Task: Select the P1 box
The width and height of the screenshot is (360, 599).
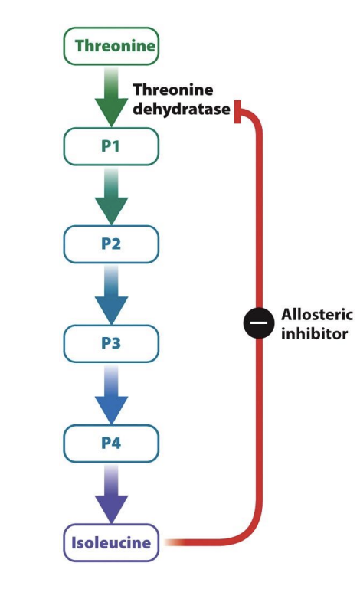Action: click(111, 146)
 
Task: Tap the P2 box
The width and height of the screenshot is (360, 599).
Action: click(111, 244)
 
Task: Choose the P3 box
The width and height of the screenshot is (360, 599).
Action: click(111, 343)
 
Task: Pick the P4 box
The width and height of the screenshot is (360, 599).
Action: click(111, 443)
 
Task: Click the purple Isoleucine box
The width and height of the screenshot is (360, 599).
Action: click(111, 543)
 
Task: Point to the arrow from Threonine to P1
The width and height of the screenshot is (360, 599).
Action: click(111, 97)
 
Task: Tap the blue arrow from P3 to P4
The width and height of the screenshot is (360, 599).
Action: click(111, 394)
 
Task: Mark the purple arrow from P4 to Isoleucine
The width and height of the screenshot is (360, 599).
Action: click(111, 494)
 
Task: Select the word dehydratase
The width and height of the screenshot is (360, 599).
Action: click(181, 109)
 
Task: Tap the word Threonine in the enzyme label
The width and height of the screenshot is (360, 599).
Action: click(172, 90)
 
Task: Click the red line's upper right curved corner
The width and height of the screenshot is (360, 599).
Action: click(254, 117)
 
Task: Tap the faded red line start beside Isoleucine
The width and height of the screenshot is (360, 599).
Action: click(175, 542)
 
